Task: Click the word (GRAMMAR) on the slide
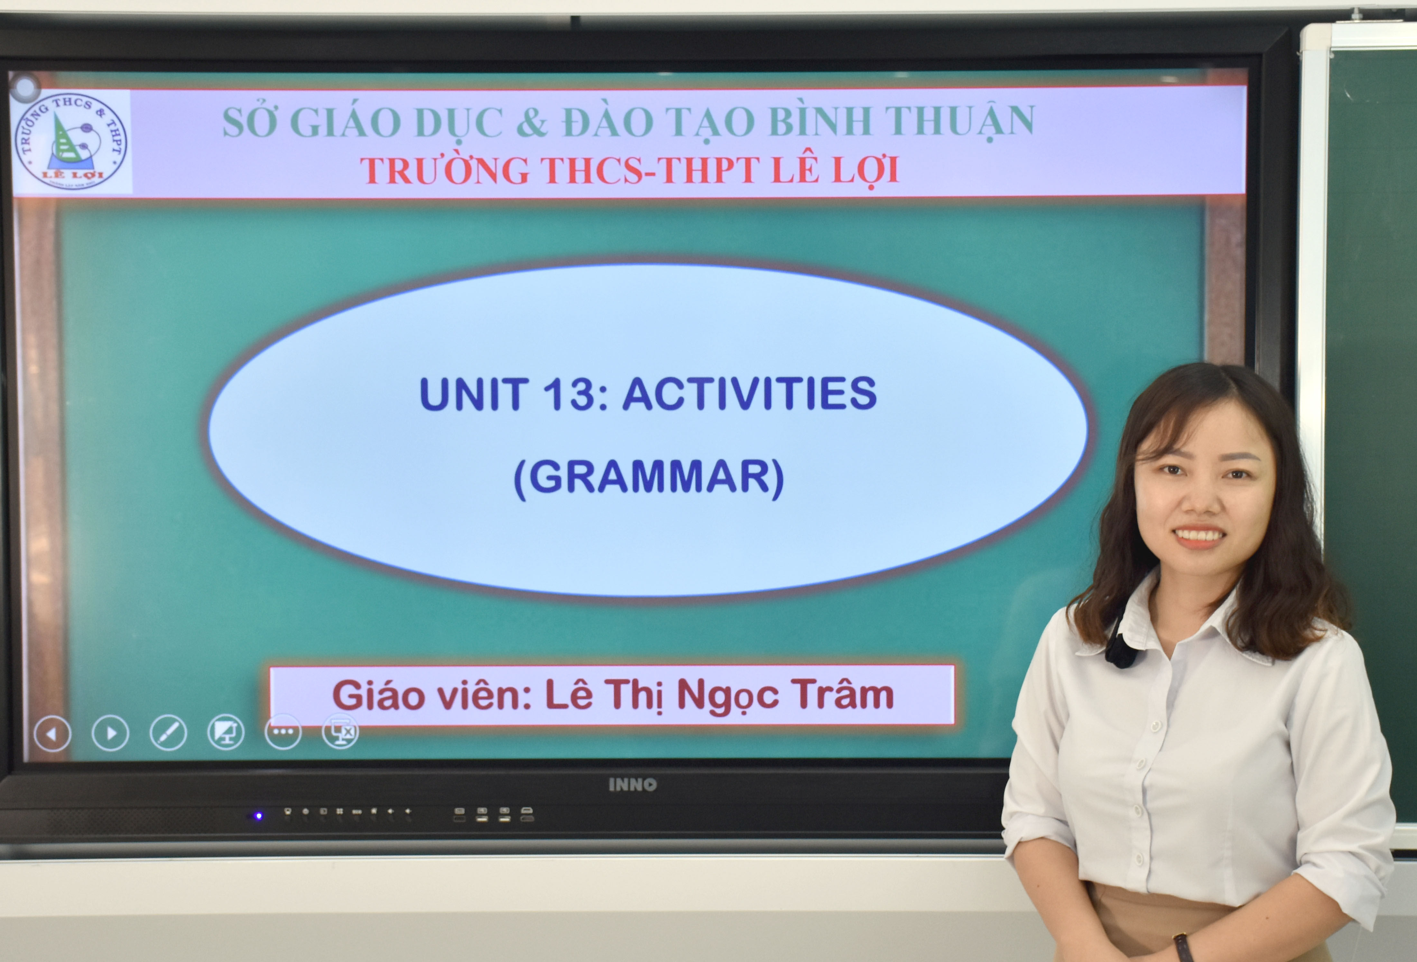coord(649,478)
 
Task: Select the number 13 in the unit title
coord(568,394)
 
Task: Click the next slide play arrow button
coord(110,733)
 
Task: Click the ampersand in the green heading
coord(532,122)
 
